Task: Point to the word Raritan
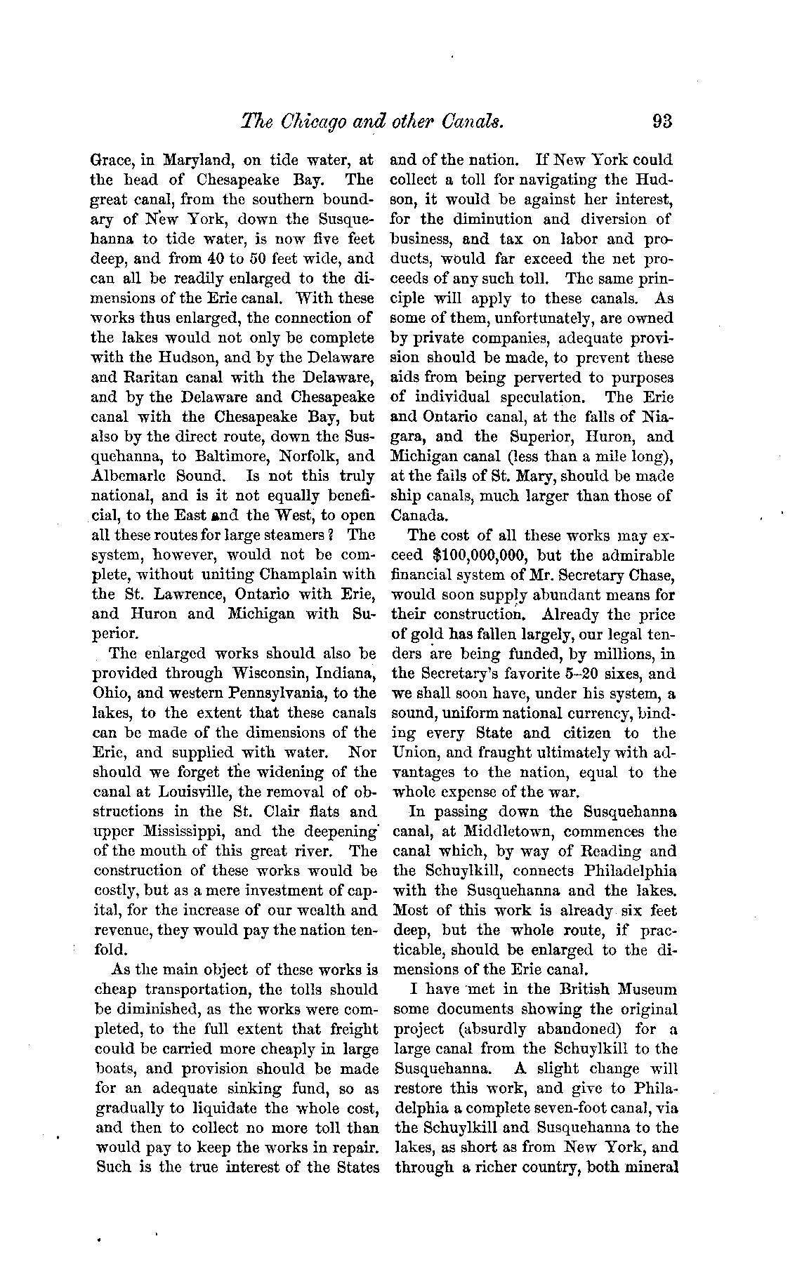click(120, 377)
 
